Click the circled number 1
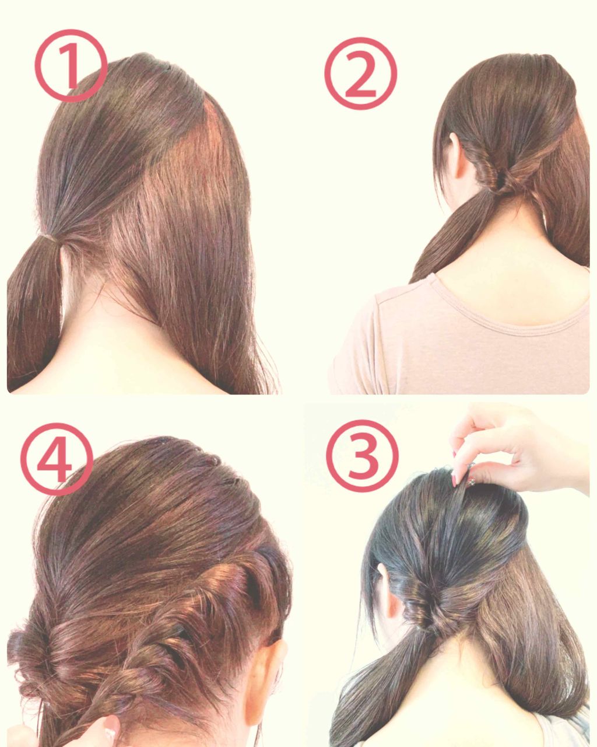(x=71, y=65)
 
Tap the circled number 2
(x=360, y=74)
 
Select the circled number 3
(x=362, y=456)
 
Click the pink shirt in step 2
(x=458, y=344)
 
